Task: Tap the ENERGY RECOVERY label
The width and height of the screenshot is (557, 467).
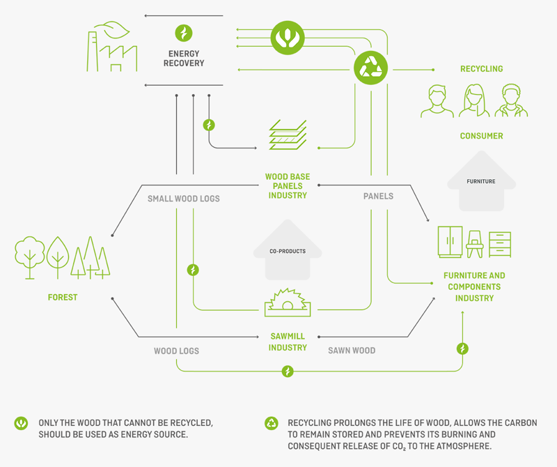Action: click(x=184, y=59)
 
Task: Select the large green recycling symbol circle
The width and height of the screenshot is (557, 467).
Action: click(x=370, y=68)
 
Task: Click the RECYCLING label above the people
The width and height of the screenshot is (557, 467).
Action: click(x=481, y=69)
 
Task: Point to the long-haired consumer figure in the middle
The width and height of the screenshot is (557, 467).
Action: click(x=472, y=101)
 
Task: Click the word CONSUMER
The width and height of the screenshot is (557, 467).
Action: click(x=481, y=136)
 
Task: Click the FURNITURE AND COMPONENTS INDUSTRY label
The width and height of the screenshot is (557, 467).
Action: click(x=474, y=286)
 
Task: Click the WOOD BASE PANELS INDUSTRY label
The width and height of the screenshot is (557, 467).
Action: click(x=288, y=186)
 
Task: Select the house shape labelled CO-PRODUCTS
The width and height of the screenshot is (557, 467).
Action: click(x=288, y=248)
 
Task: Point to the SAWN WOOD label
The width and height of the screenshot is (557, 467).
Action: click(x=352, y=351)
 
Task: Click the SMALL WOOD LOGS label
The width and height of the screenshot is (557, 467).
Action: click(x=183, y=199)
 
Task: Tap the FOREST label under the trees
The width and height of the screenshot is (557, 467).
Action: click(x=63, y=298)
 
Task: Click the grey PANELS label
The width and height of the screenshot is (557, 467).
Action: click(x=378, y=197)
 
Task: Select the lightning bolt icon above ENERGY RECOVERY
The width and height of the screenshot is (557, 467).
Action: click(x=184, y=33)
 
